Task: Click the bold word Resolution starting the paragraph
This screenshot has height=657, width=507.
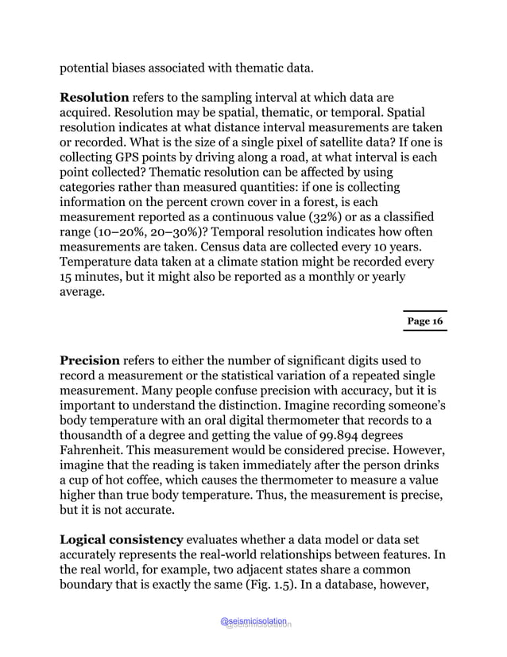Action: pyautogui.click(x=95, y=98)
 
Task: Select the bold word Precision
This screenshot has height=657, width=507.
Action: pyautogui.click(x=90, y=361)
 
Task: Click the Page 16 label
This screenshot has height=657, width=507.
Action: pyautogui.click(x=424, y=321)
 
